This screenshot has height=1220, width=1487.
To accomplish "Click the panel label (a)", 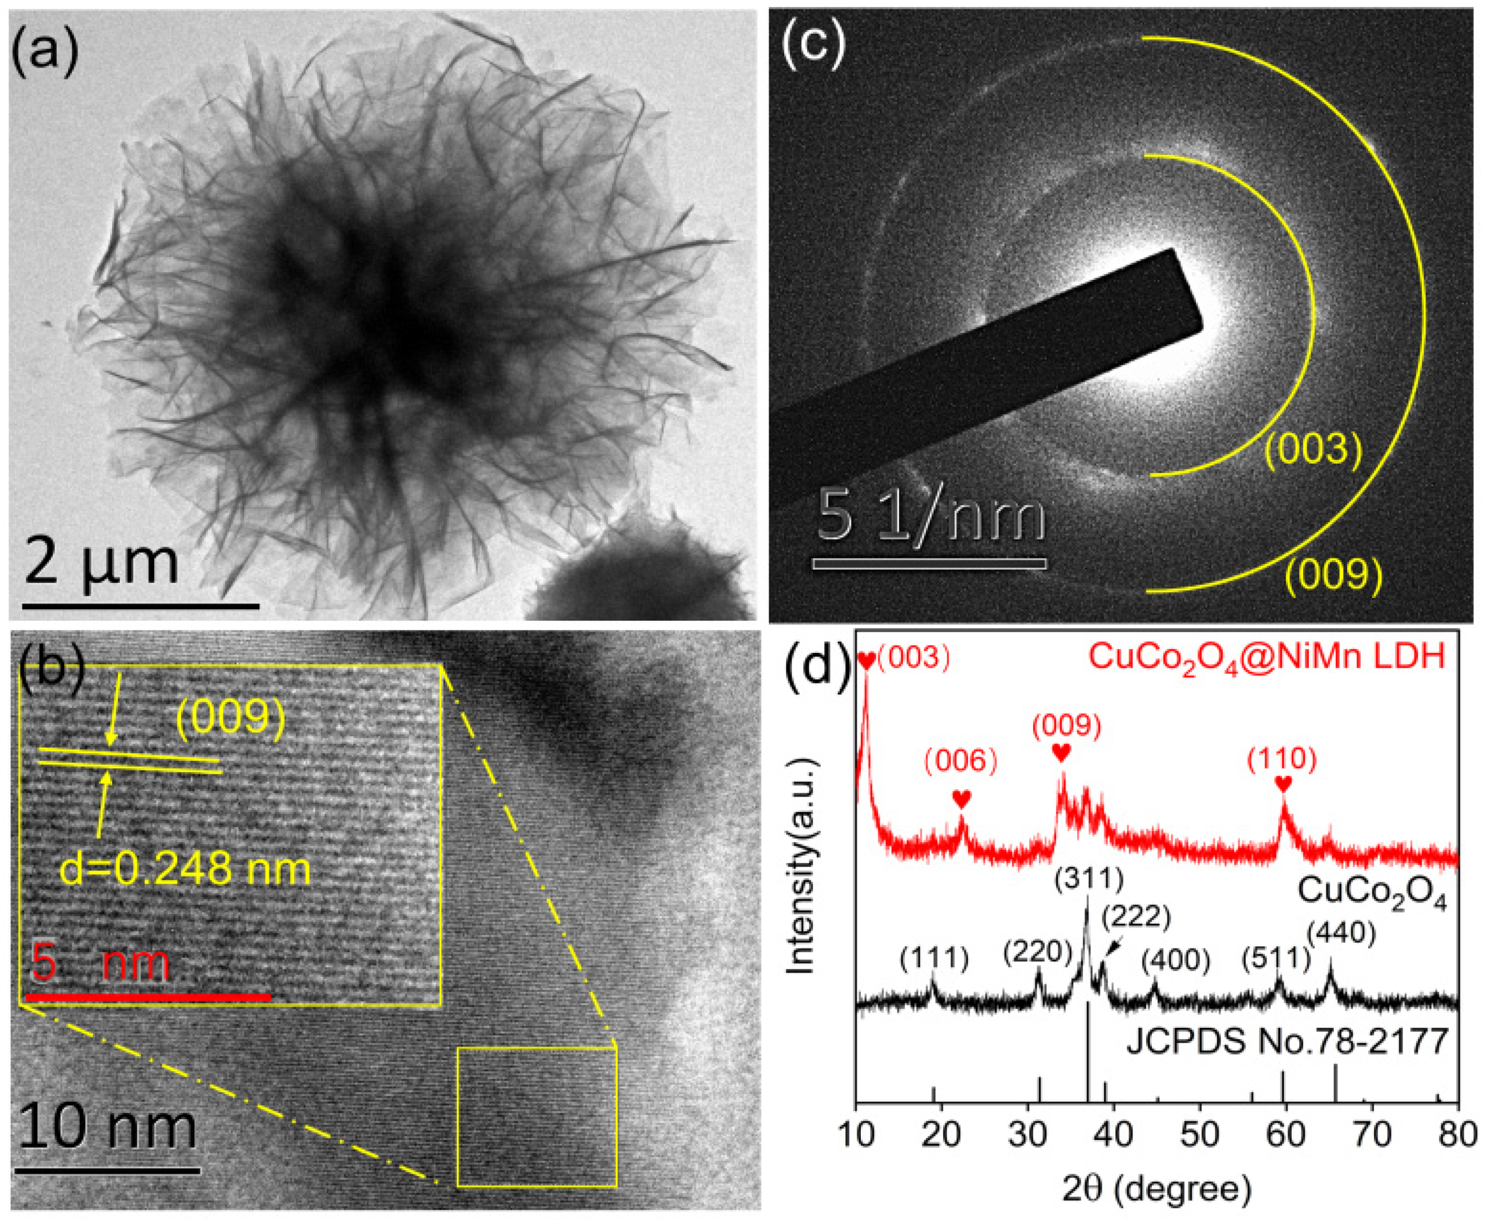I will point(43,53).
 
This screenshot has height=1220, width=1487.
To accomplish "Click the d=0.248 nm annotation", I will point(185,869).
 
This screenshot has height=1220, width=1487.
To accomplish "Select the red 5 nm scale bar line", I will point(148,997).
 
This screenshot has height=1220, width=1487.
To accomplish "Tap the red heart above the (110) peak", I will point(1283,784).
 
